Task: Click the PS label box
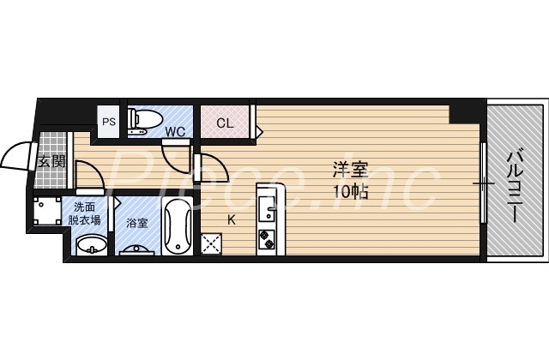[109, 122]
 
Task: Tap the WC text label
[175, 131]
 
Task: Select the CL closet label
[224, 123]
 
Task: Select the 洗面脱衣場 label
[85, 213]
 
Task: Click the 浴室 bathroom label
[136, 223]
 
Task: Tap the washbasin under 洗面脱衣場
[90, 246]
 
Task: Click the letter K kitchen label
[231, 219]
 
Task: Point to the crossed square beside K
[211, 243]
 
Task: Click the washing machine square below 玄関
[45, 213]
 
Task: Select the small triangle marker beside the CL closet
[260, 131]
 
